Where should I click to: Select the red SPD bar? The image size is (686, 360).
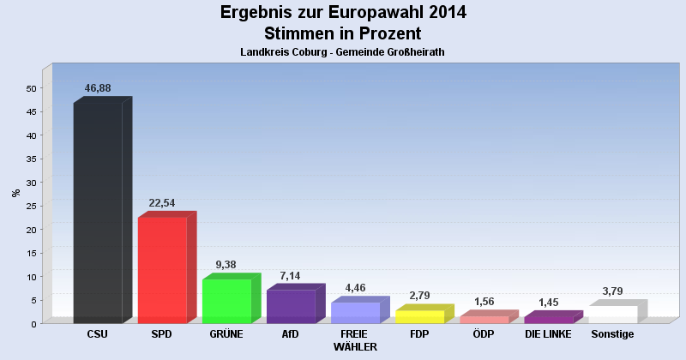click(162, 269)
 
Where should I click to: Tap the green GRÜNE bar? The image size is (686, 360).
click(226, 300)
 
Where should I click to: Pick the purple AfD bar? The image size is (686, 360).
click(291, 306)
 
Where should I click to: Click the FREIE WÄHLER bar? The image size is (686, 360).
click(355, 312)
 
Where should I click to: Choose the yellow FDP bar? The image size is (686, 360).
click(419, 316)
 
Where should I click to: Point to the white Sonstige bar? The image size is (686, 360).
click(613, 314)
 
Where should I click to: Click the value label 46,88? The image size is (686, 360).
click(98, 88)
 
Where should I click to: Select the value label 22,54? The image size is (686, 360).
click(162, 203)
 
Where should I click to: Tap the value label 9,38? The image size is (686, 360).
click(226, 265)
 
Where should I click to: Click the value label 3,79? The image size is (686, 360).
click(613, 291)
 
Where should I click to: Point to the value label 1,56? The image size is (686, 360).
click(484, 302)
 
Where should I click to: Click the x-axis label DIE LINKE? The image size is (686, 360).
click(548, 333)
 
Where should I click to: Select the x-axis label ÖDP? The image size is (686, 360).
click(484, 333)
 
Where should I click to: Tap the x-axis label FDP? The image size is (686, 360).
click(419, 333)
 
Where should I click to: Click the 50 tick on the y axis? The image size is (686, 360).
click(31, 88)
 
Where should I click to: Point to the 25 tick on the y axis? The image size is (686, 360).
click(31, 206)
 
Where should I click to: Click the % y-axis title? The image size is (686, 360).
click(15, 193)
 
